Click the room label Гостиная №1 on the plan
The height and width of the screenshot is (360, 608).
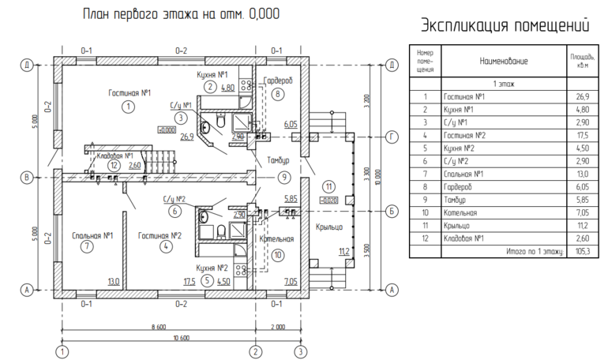tap(129, 93)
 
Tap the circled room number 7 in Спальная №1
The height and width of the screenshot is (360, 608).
tap(87, 246)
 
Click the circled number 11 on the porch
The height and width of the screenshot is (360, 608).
tap(328, 186)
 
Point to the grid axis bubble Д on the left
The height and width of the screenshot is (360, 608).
tap(27, 65)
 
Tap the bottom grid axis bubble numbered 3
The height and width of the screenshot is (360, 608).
tap(300, 351)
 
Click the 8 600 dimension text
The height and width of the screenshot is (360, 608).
tap(158, 325)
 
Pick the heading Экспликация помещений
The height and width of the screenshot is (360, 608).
tap(505, 24)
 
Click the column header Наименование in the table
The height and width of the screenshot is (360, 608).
tap(503, 60)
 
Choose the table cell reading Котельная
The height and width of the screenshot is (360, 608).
tap(463, 212)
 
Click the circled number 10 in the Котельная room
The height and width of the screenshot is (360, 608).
tap(277, 255)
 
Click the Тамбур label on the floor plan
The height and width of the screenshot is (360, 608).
tap(278, 160)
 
